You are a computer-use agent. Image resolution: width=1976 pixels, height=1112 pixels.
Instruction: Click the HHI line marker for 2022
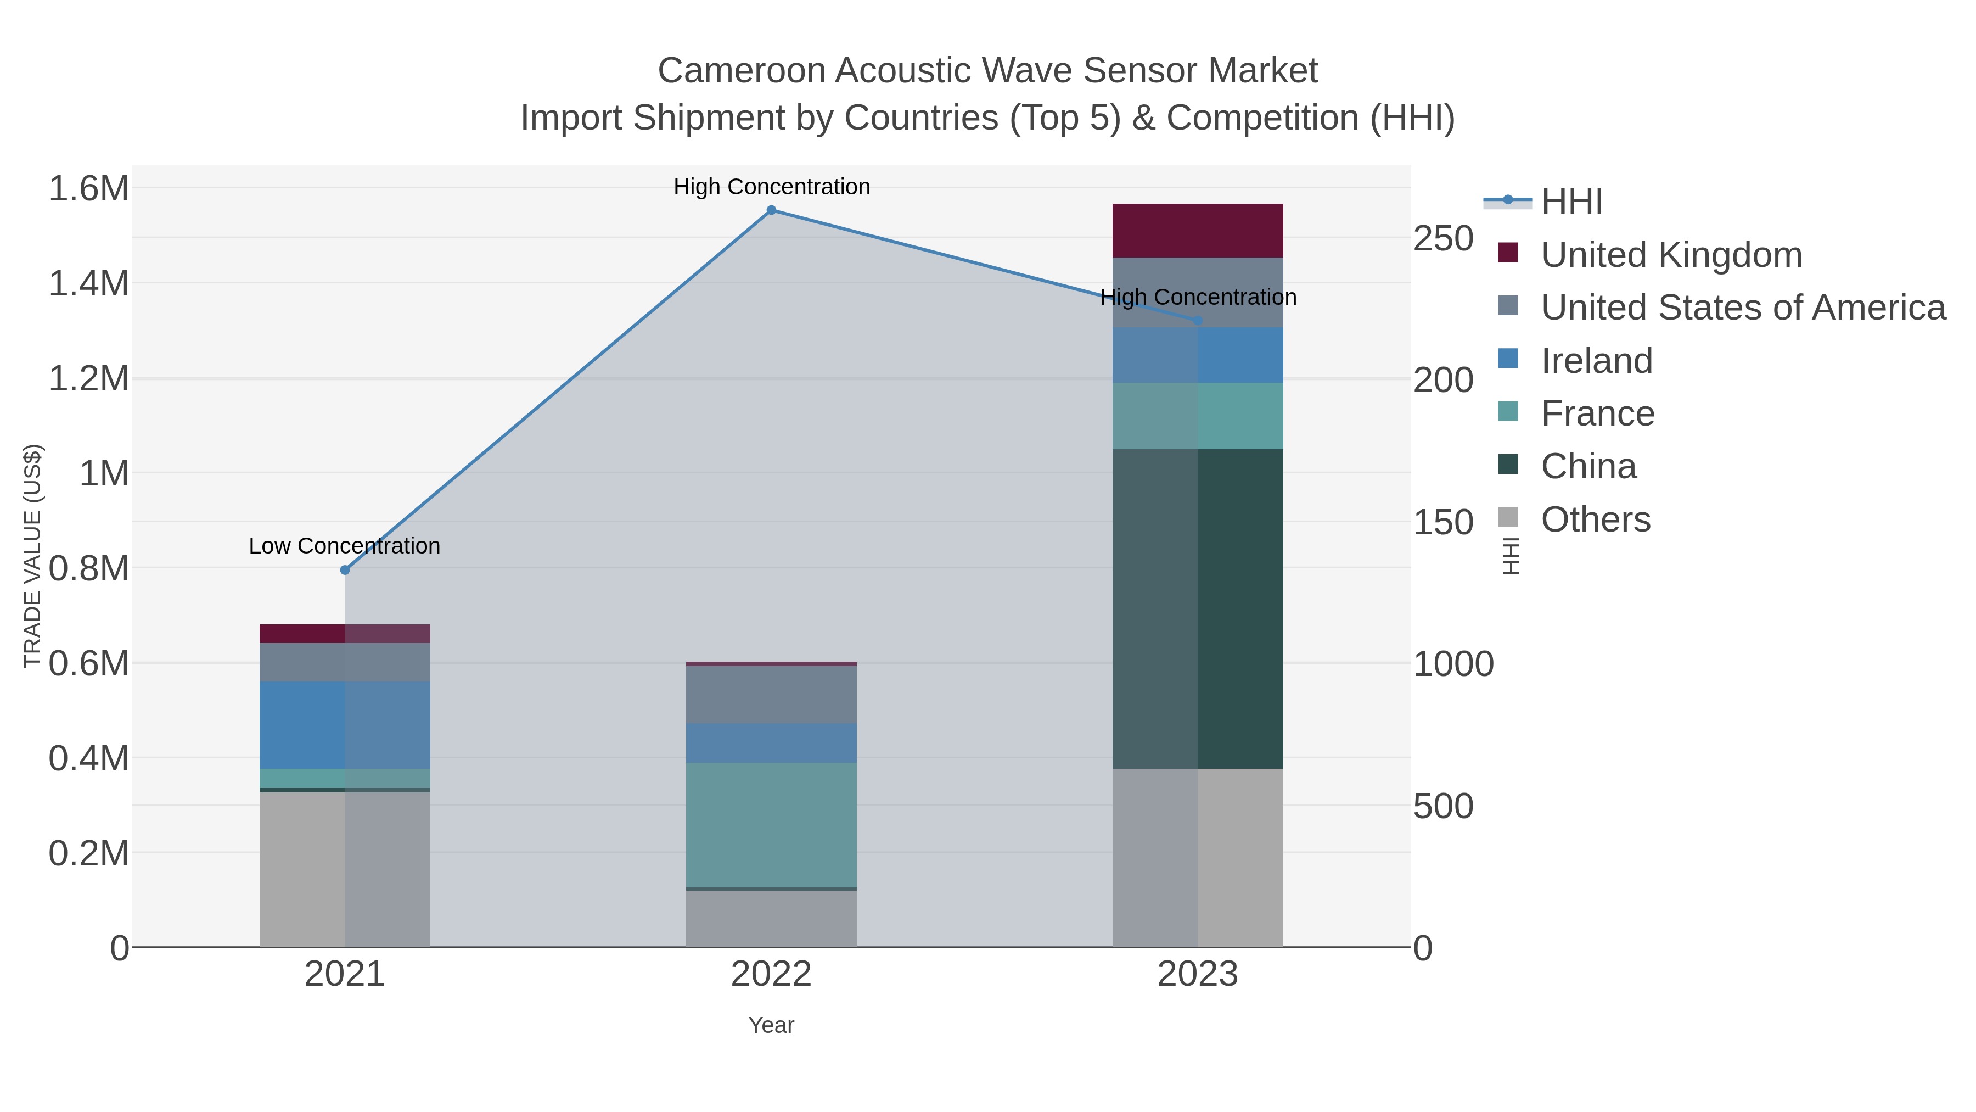click(772, 210)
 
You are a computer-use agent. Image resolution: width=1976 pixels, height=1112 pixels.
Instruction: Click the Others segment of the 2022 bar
click(772, 919)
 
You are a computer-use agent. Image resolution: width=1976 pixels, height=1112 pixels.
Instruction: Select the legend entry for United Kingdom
click(1671, 255)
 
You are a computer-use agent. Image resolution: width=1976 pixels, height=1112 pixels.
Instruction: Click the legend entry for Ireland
click(1596, 361)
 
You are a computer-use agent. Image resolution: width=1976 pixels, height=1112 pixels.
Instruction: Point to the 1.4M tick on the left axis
click(89, 284)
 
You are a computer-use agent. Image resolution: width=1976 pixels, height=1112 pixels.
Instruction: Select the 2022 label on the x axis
click(772, 975)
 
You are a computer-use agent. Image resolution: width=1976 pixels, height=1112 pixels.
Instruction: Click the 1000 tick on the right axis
click(1453, 664)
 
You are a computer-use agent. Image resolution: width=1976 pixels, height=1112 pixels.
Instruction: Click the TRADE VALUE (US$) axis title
click(33, 556)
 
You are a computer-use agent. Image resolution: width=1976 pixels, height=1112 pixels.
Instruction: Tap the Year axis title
click(772, 1025)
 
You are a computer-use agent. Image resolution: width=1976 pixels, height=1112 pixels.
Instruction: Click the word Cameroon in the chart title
click(741, 71)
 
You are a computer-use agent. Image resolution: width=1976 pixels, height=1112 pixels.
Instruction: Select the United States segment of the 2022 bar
click(772, 695)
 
